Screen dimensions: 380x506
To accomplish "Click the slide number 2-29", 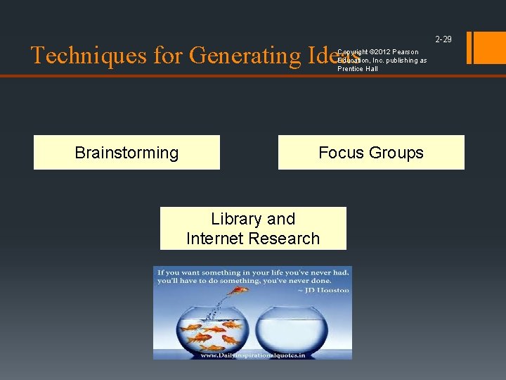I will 443,39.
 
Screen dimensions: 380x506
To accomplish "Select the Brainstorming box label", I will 126,153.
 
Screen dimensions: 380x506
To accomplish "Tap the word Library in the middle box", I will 234,219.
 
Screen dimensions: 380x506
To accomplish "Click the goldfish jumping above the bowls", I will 240,289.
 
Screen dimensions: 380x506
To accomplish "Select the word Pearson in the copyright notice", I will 406,52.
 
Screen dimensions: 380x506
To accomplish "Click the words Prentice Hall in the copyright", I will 358,69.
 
